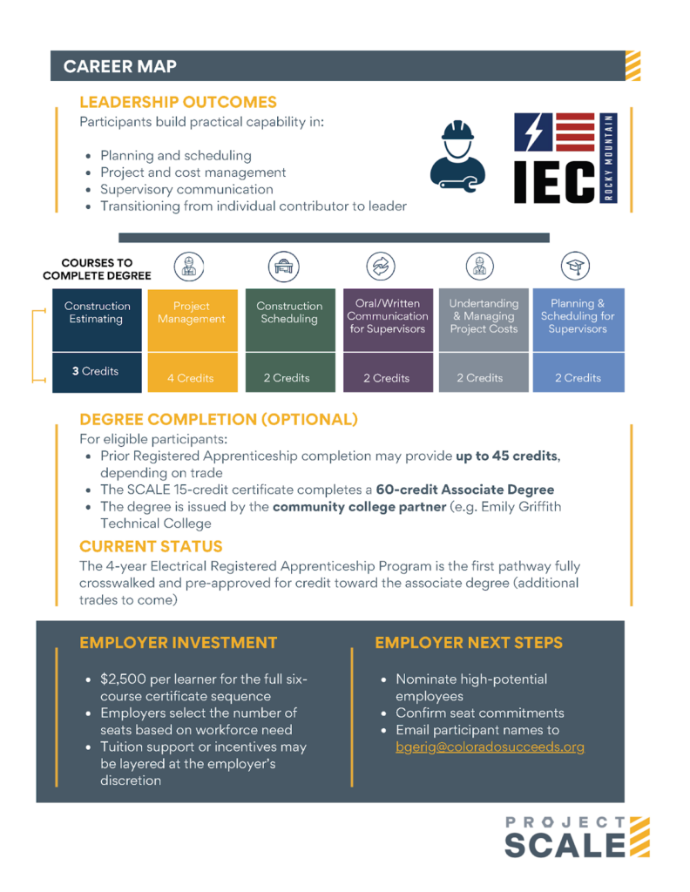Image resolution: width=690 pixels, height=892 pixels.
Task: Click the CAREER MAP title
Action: tap(120, 66)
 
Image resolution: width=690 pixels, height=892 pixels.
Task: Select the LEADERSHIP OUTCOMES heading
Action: tap(178, 102)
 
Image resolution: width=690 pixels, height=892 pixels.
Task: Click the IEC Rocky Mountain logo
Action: tap(565, 158)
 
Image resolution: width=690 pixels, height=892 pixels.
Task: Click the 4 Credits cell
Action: tap(192, 378)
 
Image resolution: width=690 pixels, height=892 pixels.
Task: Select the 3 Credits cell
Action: tap(96, 371)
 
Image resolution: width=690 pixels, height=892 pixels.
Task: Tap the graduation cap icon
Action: tap(574, 266)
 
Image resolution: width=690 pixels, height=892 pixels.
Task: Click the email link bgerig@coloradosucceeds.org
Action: tap(490, 747)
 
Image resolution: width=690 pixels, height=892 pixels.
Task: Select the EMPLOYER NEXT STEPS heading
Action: tap(469, 643)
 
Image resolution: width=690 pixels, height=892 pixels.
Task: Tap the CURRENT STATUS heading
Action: tap(151, 546)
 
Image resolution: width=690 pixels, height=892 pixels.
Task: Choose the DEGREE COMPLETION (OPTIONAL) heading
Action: tap(219, 419)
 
